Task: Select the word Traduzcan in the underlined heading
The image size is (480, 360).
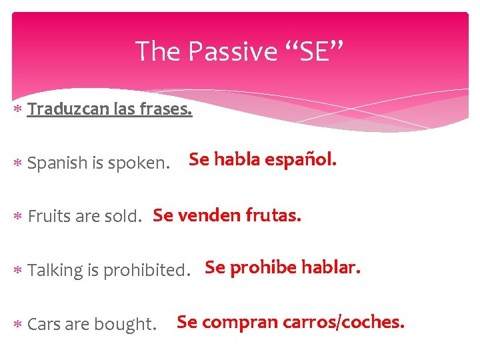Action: coord(66,109)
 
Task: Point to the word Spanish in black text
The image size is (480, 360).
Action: coord(58,163)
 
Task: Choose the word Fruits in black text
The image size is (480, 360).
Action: coord(51,217)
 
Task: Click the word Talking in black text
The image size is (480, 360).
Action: coord(56,271)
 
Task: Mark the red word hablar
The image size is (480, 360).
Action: coord(331,268)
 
